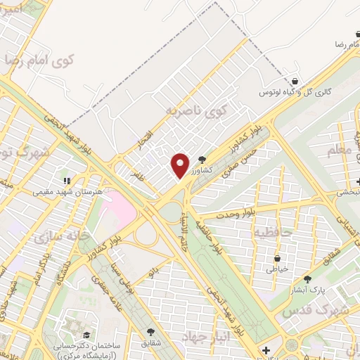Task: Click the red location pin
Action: [x=181, y=165]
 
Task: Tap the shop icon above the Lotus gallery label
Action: [x=295, y=81]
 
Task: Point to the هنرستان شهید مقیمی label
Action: [x=68, y=191]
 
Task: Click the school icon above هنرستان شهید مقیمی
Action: [x=68, y=181]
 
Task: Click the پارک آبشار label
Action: [x=307, y=289]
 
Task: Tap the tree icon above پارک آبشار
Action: [x=307, y=278]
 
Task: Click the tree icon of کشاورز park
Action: [x=202, y=160]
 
